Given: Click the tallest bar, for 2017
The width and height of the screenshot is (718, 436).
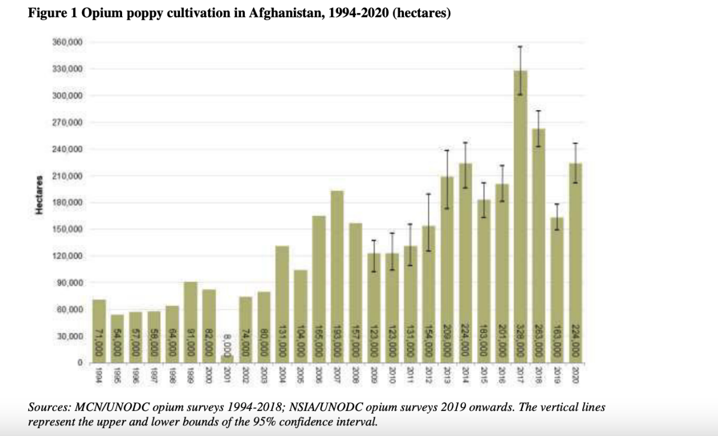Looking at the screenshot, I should [x=521, y=215].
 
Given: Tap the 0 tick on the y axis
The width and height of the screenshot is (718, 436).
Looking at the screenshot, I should [x=79, y=363].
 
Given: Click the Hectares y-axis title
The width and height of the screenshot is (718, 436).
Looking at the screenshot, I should [x=39, y=195].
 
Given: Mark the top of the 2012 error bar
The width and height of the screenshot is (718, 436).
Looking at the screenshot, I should [x=428, y=194].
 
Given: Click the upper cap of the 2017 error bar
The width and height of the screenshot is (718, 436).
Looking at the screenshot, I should [x=521, y=47].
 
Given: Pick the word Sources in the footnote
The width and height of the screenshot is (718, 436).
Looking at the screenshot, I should [x=48, y=408].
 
